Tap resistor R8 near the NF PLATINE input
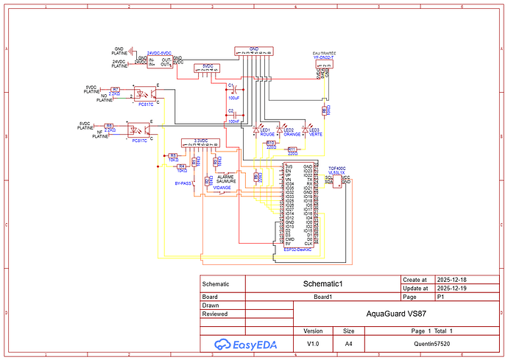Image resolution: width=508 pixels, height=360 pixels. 109,126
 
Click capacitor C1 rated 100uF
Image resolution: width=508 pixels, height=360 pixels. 232,90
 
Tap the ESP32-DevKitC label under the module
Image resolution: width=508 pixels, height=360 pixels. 297,250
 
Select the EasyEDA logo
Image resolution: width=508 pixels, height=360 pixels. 236,344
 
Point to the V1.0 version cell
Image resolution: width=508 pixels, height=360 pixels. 313,343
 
